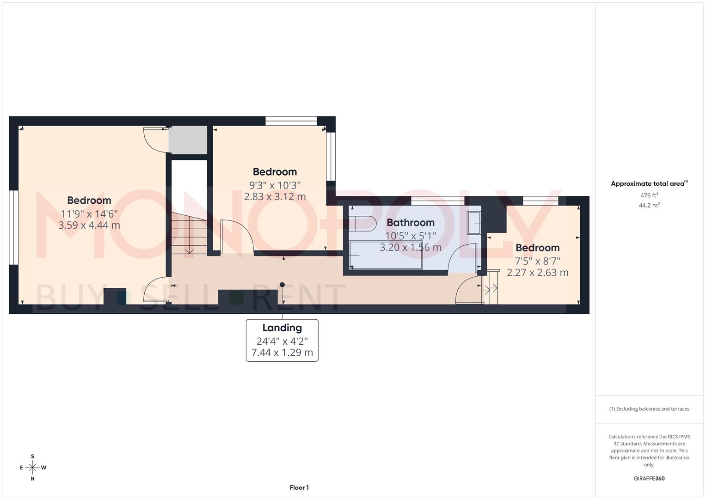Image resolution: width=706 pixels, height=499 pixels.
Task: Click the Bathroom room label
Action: point(410,223)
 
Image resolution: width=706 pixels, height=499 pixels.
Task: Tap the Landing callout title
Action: point(282,328)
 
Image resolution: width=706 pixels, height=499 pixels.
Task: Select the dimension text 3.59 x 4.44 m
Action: point(89,225)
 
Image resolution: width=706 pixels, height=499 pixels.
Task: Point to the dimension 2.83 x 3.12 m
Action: point(275,197)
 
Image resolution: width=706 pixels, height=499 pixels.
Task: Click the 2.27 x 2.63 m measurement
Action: point(537,273)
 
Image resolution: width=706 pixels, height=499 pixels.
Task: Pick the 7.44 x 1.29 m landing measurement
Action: point(282,353)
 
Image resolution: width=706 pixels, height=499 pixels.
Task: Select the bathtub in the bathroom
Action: point(386,255)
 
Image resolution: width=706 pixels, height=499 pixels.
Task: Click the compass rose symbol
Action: point(32,468)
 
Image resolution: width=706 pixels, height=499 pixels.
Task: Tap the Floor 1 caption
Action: point(299,487)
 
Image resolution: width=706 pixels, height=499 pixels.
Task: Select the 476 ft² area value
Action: point(649,195)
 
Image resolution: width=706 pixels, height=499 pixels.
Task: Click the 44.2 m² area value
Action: point(649,206)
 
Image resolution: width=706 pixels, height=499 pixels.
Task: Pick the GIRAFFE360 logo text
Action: point(649,478)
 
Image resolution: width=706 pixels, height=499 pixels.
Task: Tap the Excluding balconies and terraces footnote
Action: point(649,409)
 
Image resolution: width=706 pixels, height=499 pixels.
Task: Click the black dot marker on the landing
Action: point(282,285)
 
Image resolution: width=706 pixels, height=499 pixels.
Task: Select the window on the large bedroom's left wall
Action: point(13,228)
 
